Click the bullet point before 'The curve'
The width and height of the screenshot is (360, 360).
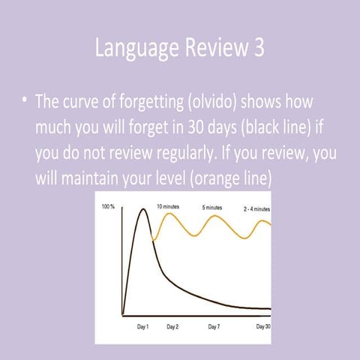click(25, 101)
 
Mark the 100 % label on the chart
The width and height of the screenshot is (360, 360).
click(108, 206)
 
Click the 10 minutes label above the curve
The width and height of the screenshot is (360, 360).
click(168, 206)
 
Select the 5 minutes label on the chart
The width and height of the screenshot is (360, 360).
click(212, 207)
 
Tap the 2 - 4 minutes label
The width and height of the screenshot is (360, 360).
click(256, 208)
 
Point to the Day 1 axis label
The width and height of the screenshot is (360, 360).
click(143, 326)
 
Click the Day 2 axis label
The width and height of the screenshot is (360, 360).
click(172, 326)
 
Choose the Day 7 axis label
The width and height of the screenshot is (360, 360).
click(214, 326)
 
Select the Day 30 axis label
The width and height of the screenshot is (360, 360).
click(262, 326)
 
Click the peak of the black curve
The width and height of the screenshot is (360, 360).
click(140, 208)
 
